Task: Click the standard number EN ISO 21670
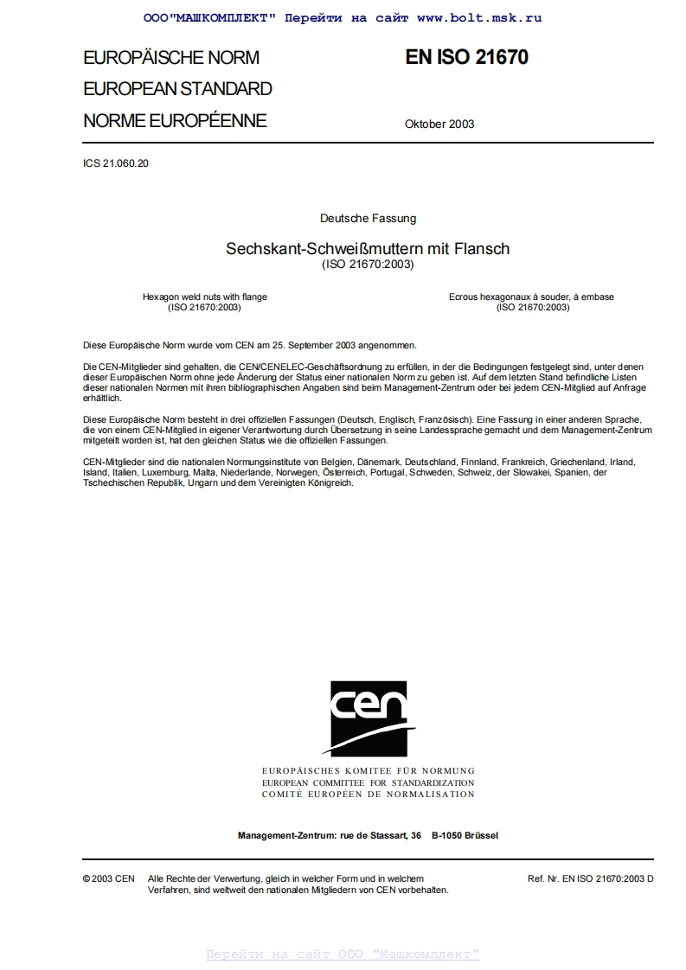click(466, 57)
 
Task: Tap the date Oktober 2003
click(439, 124)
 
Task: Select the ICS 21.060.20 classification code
click(116, 163)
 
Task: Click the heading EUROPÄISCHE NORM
click(171, 58)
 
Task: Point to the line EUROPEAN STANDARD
click(177, 89)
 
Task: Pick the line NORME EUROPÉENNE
click(175, 121)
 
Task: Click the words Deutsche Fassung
click(368, 219)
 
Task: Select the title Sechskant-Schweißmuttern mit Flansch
click(368, 249)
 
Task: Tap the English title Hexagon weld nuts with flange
click(205, 297)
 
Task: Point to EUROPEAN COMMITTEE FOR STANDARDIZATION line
click(368, 782)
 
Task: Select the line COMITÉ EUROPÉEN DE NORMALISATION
click(368, 794)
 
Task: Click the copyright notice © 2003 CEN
click(108, 878)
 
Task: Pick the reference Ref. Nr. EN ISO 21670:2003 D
click(590, 878)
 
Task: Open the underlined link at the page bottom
click(343, 954)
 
